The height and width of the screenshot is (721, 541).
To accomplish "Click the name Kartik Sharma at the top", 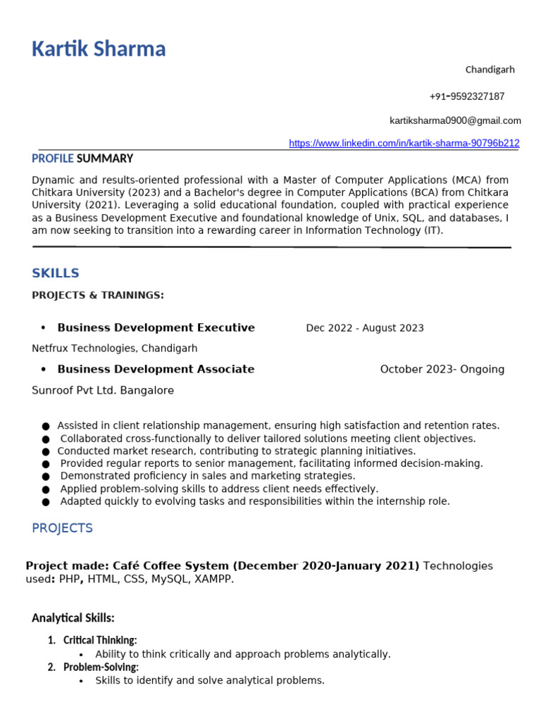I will tap(99, 49).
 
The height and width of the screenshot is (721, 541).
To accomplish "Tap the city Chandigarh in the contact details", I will tap(490, 70).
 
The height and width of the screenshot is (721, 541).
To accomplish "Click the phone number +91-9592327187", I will tap(466, 96).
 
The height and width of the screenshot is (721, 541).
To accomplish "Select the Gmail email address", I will tap(455, 120).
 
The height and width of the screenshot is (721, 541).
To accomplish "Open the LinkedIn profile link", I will tap(404, 143).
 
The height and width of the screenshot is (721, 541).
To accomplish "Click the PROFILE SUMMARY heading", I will tap(82, 158).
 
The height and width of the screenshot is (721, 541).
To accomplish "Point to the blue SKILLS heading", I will tap(56, 273).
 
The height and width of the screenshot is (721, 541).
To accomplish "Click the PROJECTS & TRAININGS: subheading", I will tap(98, 295).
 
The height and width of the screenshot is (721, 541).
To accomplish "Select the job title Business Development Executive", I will tap(156, 327).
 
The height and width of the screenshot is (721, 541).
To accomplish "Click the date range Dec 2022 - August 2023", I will tap(365, 328).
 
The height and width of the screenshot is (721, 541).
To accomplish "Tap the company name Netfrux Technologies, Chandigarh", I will tap(114, 349).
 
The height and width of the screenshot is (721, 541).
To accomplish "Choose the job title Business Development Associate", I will tap(156, 369).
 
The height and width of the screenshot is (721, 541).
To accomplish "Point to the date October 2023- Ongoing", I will tap(442, 370).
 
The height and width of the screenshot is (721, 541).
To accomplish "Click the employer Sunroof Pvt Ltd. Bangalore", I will tap(103, 390).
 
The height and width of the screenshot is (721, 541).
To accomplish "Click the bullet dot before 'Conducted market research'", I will tap(46, 451).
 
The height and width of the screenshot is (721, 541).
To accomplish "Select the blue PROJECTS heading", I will tap(62, 528).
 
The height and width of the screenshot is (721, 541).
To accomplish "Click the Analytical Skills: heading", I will tap(73, 618).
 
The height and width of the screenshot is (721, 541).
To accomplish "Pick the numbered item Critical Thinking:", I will tap(100, 640).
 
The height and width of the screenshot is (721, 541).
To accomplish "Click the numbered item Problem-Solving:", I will tap(101, 667).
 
